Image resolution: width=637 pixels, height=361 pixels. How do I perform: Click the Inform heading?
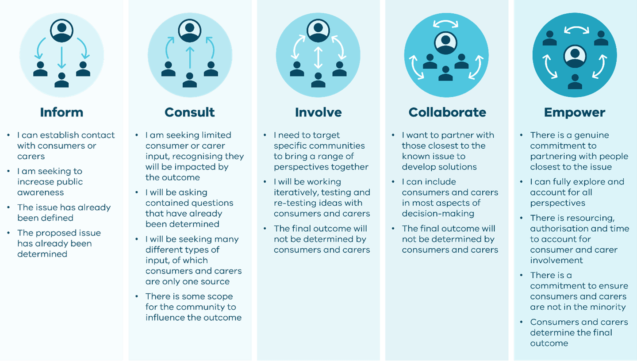[61, 112]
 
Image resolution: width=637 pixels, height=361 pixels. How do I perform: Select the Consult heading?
[190, 112]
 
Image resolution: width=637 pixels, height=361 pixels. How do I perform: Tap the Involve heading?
[318, 112]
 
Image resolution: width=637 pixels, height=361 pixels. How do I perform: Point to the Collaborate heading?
[447, 112]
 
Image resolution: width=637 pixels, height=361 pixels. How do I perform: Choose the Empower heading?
[575, 112]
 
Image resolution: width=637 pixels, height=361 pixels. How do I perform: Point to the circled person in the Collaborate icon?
[446, 42]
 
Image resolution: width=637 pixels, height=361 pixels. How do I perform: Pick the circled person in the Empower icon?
[575, 56]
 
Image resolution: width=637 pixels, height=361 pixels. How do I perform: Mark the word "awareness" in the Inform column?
[41, 192]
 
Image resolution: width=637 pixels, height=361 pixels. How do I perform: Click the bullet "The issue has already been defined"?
[64, 213]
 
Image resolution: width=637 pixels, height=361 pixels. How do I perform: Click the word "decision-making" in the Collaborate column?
[438, 214]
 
